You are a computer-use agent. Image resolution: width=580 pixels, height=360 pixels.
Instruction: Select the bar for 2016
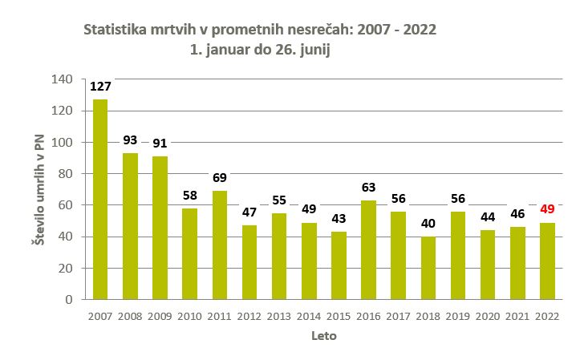(368, 249)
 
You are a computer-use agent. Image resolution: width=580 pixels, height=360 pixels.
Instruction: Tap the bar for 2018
(428, 268)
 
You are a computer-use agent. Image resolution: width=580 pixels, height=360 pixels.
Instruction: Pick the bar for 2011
(219, 245)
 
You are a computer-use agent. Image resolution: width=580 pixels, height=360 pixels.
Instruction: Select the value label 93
(130, 140)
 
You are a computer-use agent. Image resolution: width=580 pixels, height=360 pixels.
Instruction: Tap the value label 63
(368, 188)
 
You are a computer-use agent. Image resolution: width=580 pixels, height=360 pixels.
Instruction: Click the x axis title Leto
(323, 337)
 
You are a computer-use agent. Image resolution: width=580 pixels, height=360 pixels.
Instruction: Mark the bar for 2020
(487, 265)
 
